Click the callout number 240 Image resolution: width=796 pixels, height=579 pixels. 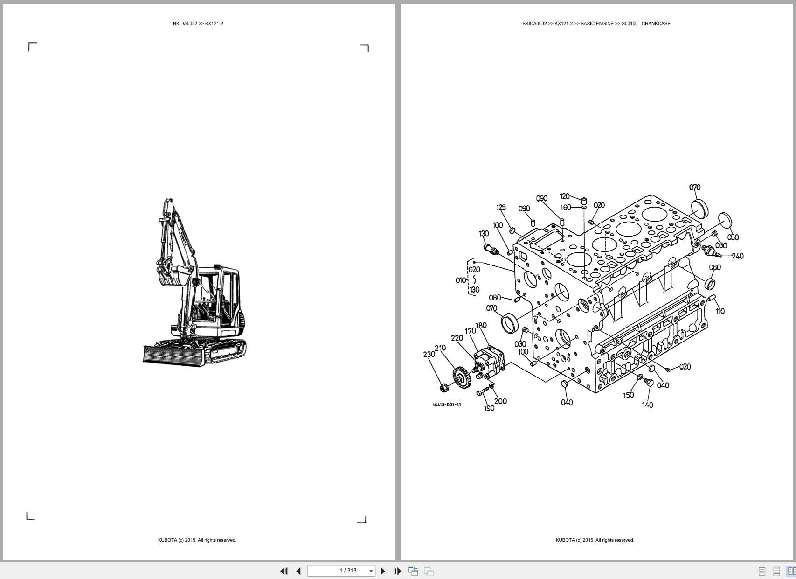pos(737,256)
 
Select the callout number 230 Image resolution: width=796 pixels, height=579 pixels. pos(429,354)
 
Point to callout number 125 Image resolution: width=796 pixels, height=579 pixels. pos(501,208)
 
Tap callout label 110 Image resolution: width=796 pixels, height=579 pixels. pos(720,311)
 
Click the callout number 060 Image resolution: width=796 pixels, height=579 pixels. pos(714,267)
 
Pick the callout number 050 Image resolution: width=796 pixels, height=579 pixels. pos(733,237)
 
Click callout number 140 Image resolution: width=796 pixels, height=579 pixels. pos(647,405)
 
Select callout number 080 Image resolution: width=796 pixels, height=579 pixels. pos(494,298)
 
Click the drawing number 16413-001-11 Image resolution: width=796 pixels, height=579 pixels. pos(447,405)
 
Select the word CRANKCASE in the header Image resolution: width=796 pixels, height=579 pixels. pos(656,23)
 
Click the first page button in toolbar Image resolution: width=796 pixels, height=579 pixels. pos(284,571)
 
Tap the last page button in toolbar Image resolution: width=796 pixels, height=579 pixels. pos(398,571)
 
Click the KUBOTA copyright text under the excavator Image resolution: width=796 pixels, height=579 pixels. pos(197,540)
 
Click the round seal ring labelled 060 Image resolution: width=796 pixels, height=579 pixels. pos(711,283)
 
